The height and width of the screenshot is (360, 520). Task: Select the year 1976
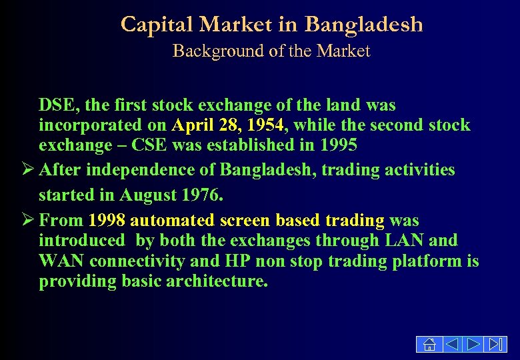199,196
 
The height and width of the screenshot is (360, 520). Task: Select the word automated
167,221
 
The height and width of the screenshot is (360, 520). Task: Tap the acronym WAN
61,261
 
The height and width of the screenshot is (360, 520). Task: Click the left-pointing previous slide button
451,344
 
